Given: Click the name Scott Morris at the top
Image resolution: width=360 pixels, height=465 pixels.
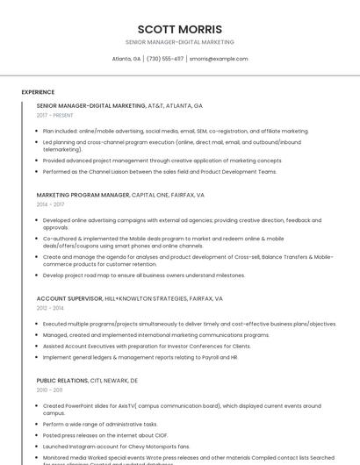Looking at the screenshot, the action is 179,28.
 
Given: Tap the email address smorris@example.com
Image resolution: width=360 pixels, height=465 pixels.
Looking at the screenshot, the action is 219,59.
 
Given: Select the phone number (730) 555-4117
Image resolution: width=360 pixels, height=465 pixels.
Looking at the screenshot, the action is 165,59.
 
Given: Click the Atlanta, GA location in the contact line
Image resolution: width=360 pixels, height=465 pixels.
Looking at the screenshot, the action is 126,59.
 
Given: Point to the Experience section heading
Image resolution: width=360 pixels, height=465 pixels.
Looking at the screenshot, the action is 38,91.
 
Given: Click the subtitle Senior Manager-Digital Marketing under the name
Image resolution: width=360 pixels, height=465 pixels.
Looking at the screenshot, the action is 179,42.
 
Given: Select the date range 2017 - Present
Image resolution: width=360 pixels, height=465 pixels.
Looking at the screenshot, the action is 54,115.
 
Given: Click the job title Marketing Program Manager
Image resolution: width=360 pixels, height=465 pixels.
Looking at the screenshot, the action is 83,195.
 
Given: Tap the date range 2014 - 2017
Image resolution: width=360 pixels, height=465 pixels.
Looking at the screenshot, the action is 50,204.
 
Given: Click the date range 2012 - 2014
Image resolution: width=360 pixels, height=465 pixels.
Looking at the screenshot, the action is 50,308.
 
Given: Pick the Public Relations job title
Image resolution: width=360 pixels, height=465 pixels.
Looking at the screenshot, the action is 61,381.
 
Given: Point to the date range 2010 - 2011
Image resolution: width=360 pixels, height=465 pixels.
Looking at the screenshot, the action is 49,390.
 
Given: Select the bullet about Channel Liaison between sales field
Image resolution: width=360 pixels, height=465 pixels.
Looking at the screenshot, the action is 159,171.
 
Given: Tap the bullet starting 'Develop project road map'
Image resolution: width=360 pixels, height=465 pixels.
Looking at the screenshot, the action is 144,275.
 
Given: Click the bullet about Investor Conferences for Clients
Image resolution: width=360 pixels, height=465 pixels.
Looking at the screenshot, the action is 147,347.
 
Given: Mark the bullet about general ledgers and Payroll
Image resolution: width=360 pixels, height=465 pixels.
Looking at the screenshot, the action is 140,357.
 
